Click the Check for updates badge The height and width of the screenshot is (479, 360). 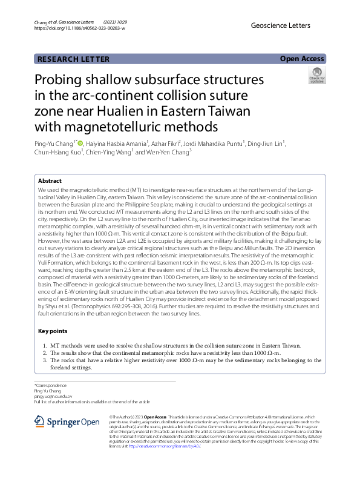(x=316, y=76)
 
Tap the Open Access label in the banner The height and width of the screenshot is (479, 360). (x=302, y=59)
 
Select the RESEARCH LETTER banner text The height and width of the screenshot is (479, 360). (x=73, y=59)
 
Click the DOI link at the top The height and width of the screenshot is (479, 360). (x=80, y=28)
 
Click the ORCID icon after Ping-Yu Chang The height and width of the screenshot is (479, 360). (x=80, y=143)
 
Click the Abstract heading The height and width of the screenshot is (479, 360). (x=50, y=181)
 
